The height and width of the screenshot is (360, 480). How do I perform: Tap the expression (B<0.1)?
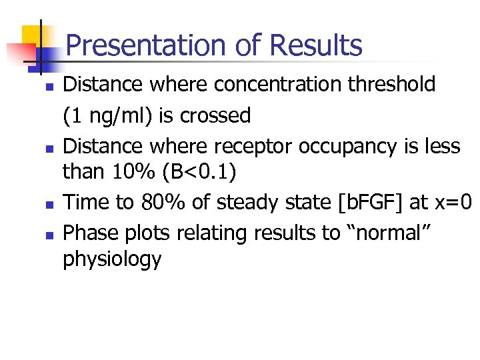pyautogui.click(x=205, y=172)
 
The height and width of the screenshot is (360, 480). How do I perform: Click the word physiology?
pyautogui.click(x=112, y=260)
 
